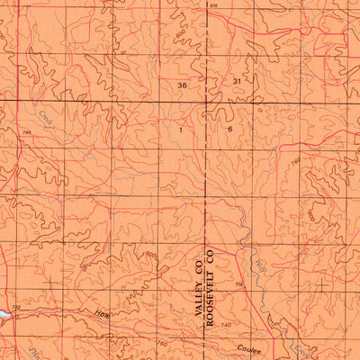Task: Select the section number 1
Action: click(x=181, y=130)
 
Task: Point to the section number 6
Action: click(x=230, y=130)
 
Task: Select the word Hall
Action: click(x=102, y=313)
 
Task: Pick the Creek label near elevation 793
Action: click(x=45, y=117)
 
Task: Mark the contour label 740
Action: click(x=224, y=324)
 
